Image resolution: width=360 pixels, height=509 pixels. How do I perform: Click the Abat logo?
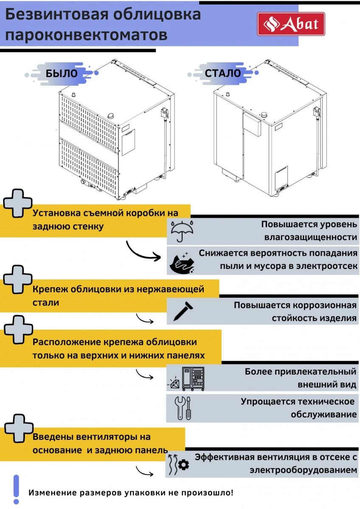click(291, 24)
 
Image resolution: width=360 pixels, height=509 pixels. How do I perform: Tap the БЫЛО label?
click(62, 73)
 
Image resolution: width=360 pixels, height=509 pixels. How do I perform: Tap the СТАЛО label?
click(222, 73)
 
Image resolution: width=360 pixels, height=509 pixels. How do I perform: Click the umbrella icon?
click(182, 231)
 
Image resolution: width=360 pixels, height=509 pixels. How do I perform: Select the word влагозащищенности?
click(310, 237)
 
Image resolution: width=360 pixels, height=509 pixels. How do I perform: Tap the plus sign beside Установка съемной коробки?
click(17, 205)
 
